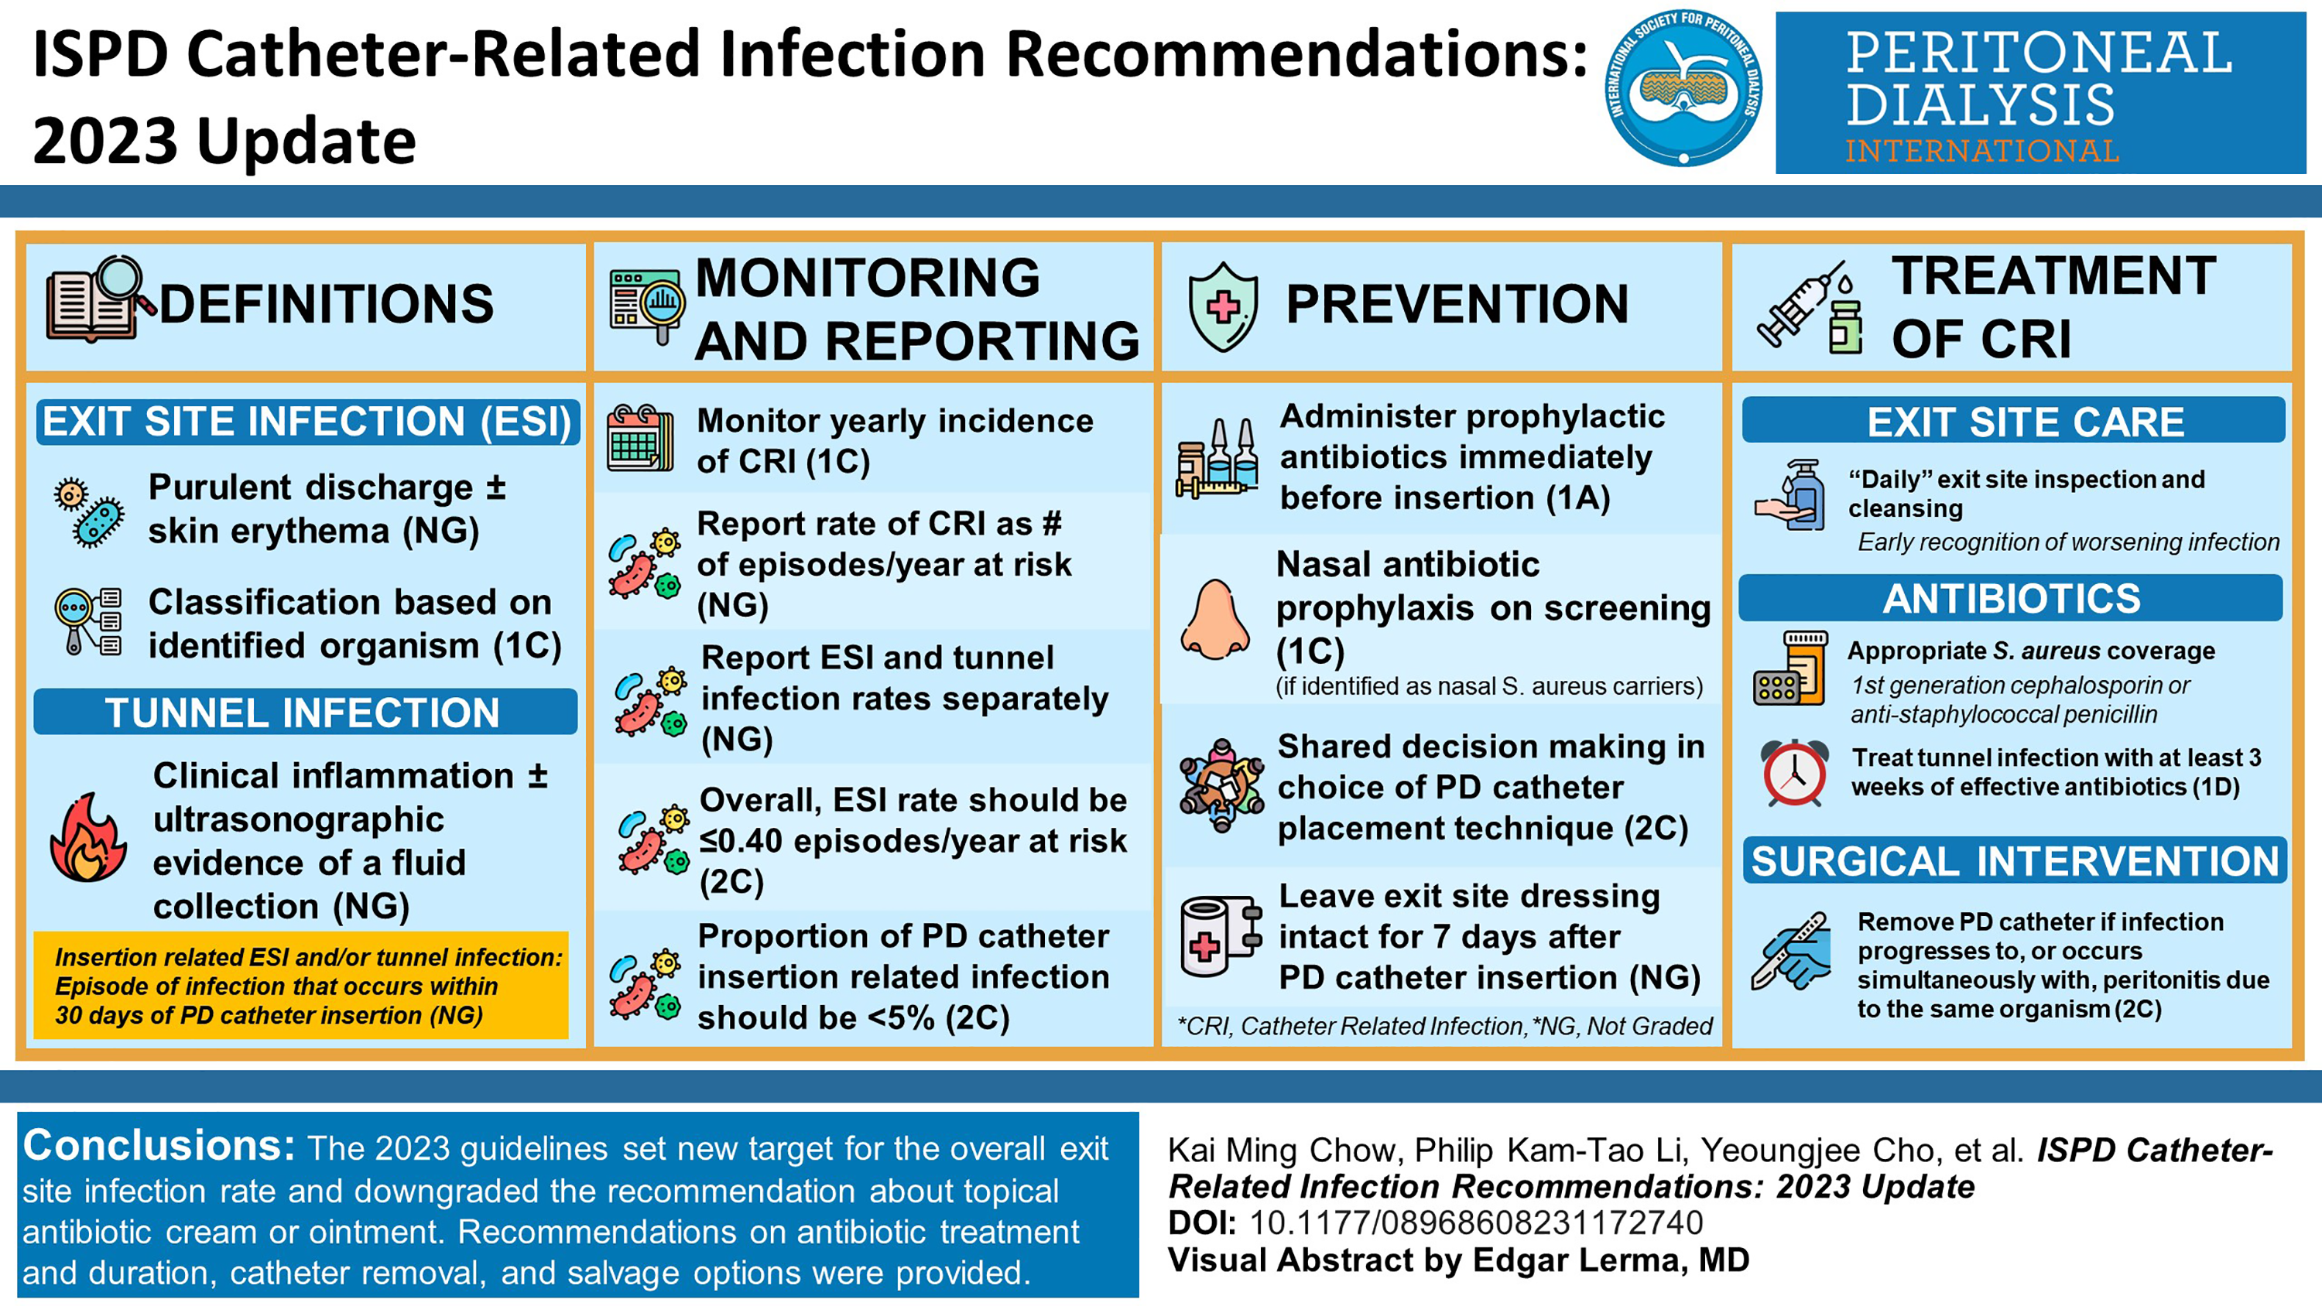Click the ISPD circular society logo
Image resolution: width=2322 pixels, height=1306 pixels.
click(x=1683, y=87)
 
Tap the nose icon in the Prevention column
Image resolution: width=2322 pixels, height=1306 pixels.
click(x=1215, y=619)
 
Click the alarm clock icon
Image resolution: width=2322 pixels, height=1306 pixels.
click(x=1794, y=772)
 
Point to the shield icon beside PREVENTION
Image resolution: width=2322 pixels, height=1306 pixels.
click(x=1223, y=306)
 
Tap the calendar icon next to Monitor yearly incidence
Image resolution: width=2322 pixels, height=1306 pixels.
click(x=640, y=438)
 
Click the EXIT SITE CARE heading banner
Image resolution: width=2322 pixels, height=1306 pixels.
click(x=2014, y=420)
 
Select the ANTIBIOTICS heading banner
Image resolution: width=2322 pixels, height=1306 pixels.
click(x=2011, y=597)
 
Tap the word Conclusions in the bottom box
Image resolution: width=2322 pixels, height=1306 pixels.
click(x=159, y=1146)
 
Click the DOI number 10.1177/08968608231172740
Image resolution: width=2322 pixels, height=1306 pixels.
click(x=1475, y=1223)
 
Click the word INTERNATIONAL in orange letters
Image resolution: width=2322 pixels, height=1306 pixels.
click(x=1981, y=151)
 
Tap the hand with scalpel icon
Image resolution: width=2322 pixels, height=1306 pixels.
click(x=1791, y=952)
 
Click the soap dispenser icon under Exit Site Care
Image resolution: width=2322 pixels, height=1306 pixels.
click(x=1789, y=495)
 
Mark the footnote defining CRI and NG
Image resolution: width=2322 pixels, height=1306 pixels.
click(x=1445, y=1026)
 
